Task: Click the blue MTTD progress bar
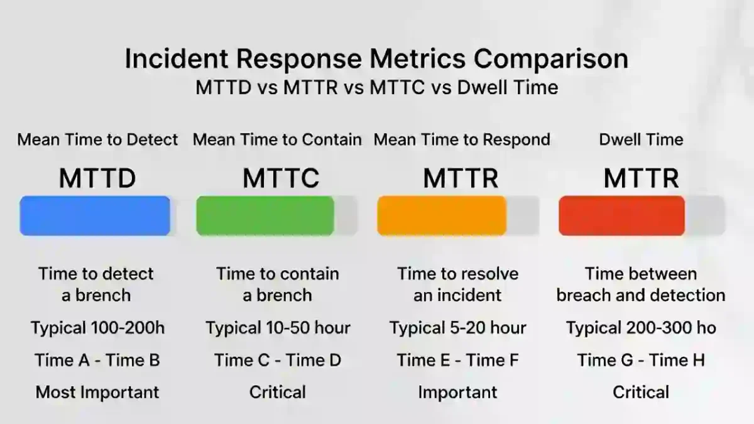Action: point(95,216)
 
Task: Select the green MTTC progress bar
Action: point(265,216)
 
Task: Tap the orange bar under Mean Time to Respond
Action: point(442,216)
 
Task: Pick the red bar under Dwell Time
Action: point(621,216)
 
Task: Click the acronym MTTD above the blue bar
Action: point(97,179)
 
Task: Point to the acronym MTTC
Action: point(281,179)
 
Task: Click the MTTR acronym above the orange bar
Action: point(461,179)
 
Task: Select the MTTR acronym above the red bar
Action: point(641,179)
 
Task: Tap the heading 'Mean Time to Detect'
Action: point(97,139)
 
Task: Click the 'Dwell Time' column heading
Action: point(641,139)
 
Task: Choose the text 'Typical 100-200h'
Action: point(97,327)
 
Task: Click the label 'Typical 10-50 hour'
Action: point(278,327)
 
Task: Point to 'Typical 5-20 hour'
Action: point(457,327)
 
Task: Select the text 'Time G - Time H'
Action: point(641,360)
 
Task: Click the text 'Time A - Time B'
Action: point(97,360)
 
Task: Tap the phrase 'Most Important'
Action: point(97,393)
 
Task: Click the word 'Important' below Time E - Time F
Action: point(457,393)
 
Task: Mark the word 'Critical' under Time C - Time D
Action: point(278,393)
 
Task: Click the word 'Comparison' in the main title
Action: point(550,59)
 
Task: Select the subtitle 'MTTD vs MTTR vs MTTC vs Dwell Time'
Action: point(376,87)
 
